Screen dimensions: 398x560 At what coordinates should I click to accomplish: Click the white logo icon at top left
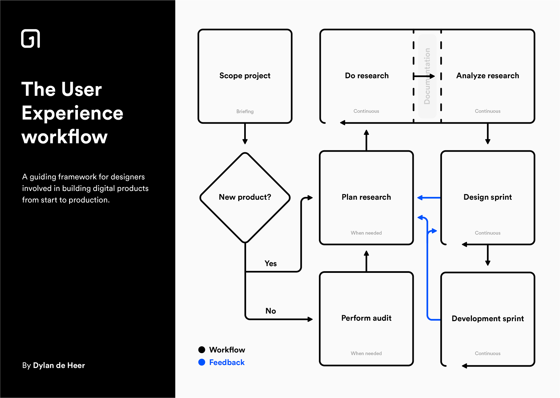30,39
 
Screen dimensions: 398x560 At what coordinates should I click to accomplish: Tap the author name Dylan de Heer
59,365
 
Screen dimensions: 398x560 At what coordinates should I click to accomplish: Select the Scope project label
245,76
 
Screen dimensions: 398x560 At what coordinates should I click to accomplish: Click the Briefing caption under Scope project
245,111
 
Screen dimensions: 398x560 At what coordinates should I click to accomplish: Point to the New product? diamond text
245,197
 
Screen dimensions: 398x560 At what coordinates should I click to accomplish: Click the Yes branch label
270,263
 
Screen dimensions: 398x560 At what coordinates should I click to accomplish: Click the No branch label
270,311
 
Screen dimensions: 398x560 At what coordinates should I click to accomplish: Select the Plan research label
366,197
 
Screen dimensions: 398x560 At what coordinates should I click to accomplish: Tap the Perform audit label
366,318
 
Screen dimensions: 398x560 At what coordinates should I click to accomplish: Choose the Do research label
367,76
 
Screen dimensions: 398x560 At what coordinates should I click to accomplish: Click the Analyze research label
487,76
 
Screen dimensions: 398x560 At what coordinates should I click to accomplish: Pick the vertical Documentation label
427,76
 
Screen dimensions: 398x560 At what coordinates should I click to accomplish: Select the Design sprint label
487,197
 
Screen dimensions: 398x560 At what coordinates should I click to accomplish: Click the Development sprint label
487,318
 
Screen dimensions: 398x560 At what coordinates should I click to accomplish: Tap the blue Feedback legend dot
202,362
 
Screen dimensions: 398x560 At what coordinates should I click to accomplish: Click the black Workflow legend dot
202,350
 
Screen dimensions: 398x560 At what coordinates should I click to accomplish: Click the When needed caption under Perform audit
366,353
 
